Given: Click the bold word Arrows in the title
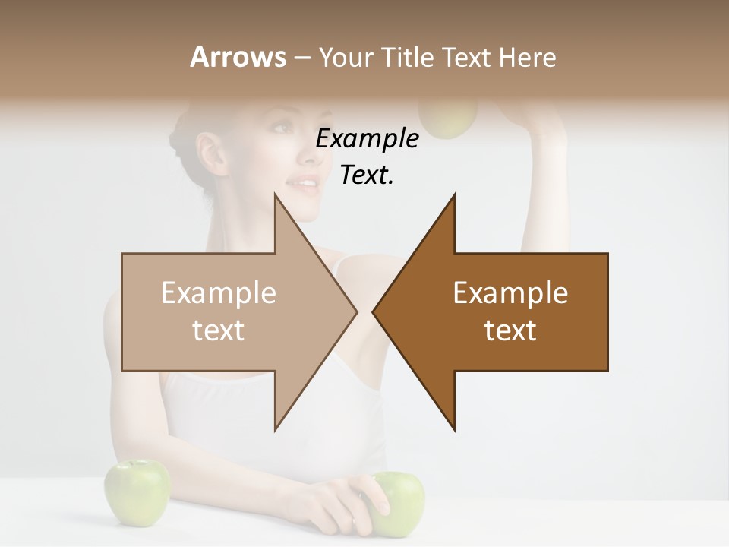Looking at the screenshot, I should click(x=238, y=57).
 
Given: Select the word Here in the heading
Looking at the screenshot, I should click(x=527, y=57).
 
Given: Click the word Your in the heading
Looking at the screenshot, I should click(x=346, y=57).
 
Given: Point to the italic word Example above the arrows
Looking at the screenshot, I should click(x=367, y=139).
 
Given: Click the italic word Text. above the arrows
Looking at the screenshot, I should click(x=367, y=175).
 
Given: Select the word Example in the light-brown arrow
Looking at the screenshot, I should click(x=218, y=292).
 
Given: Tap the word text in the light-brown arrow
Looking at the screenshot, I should click(x=218, y=330).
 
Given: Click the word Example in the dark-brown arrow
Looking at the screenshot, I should click(x=510, y=292).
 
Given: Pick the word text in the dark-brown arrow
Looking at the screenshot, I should click(x=510, y=330).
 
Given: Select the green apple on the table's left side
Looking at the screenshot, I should click(x=137, y=492).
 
